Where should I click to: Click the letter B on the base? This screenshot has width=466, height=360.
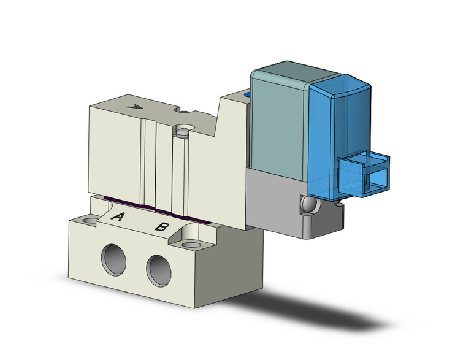162,226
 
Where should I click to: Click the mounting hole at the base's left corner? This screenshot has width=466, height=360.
91,220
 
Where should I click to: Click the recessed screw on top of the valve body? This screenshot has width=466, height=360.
182,131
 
